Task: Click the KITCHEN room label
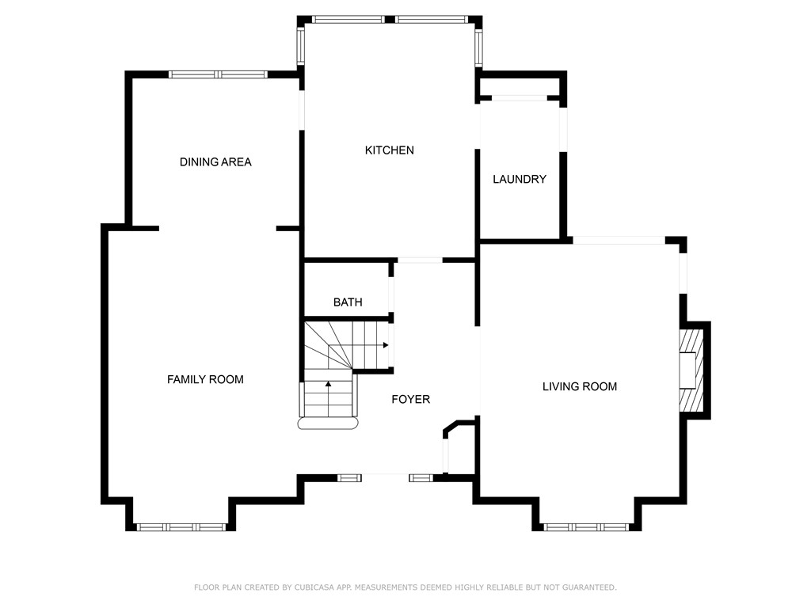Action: (390, 150)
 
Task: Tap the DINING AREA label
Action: (215, 162)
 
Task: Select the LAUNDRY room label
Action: (520, 180)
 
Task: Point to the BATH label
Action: (348, 302)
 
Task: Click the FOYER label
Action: (411, 399)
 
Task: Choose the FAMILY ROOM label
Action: (205, 379)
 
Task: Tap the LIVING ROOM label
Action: (580, 386)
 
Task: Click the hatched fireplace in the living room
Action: (691, 370)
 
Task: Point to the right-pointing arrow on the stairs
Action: (386, 345)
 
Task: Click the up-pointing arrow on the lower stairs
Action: (328, 384)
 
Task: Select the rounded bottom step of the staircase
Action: (328, 424)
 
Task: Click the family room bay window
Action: (181, 527)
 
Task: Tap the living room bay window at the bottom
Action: (587, 527)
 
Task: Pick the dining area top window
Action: (218, 74)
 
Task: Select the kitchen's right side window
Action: (479, 48)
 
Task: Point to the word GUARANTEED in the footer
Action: (589, 587)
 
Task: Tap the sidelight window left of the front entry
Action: (349, 478)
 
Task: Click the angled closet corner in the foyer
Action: (451, 427)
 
